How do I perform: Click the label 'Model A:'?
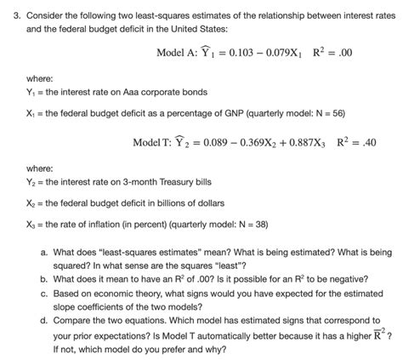(x=178, y=52)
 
